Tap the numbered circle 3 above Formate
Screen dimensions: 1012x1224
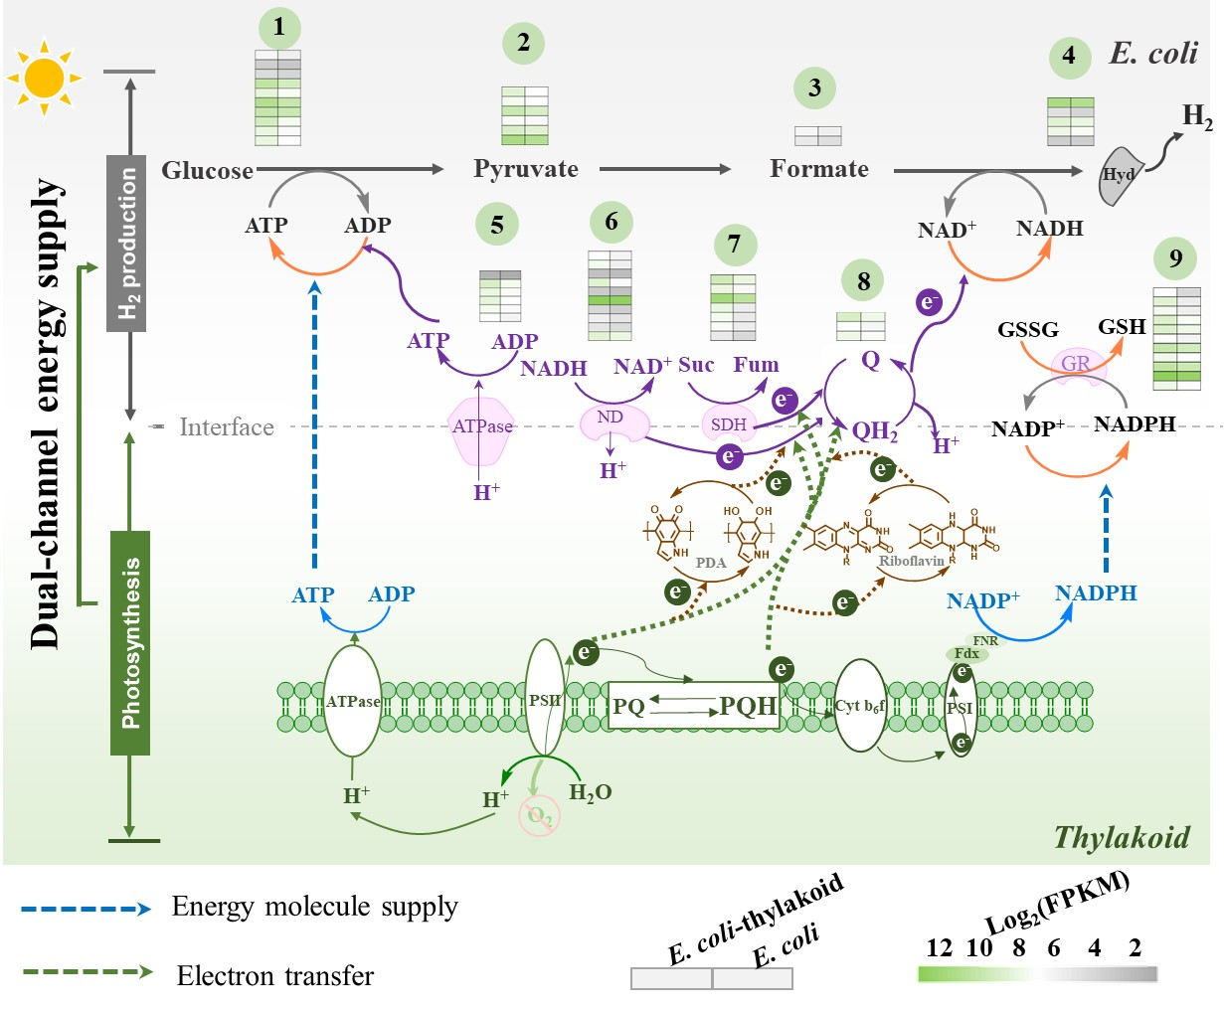tap(814, 87)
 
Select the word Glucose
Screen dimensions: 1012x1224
tap(207, 171)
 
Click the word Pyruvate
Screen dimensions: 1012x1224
tap(525, 169)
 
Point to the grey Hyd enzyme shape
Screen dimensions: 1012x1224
tap(1121, 176)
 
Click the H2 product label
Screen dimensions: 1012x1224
tap(1197, 118)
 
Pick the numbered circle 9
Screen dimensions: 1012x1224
tap(1175, 259)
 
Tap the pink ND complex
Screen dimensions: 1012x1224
tap(611, 421)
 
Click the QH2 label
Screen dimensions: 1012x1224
tap(874, 431)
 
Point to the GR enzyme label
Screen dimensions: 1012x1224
tap(1076, 364)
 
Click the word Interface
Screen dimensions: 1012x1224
tap(226, 427)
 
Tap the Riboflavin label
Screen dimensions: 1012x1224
tap(911, 561)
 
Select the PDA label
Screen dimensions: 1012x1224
tap(711, 563)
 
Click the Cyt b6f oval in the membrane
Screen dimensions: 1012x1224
tap(859, 706)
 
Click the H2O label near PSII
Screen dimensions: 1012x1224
tap(590, 792)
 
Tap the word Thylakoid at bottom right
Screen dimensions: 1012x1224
tap(1121, 838)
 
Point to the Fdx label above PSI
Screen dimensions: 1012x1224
tap(966, 653)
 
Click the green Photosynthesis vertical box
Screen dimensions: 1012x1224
tap(129, 642)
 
